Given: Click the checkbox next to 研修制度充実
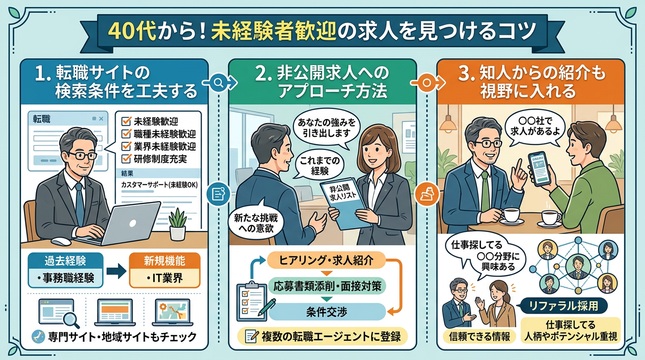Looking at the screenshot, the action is [126, 159].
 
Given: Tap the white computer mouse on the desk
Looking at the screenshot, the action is [61, 241].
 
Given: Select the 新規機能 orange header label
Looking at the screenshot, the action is [165, 261].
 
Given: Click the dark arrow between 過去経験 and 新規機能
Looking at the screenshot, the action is [116, 271].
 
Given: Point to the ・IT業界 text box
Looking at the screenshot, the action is [165, 278].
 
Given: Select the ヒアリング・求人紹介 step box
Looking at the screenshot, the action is [326, 260].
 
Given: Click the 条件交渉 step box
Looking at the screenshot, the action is [326, 312].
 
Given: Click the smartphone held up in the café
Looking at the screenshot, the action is [538, 169].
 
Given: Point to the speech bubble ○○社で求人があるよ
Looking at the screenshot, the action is [535, 127].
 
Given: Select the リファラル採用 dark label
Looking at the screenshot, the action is [564, 306].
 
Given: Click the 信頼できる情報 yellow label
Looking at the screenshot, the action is [480, 336].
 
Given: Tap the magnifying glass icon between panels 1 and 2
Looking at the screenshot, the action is [218, 82].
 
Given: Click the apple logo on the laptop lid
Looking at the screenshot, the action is [133, 223].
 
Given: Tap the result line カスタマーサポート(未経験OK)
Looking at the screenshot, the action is [159, 185].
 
